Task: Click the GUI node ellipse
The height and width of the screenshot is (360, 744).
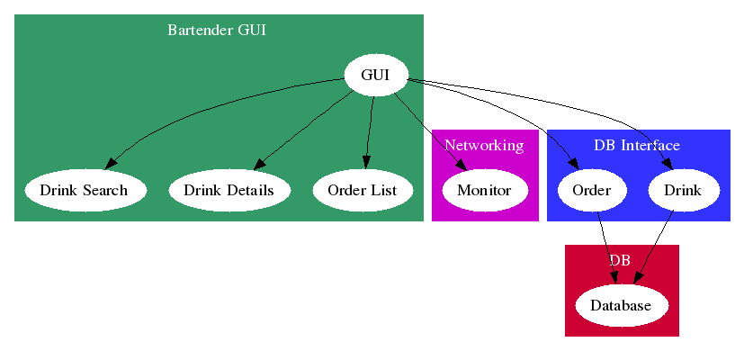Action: pos(375,75)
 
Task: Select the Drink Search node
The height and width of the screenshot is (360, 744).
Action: pos(85,190)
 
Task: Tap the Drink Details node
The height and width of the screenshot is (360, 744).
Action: pos(229,190)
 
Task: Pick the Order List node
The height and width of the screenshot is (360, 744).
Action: pos(362,190)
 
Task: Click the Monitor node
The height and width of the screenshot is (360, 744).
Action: pos(484,190)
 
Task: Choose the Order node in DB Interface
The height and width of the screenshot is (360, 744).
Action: pos(591,190)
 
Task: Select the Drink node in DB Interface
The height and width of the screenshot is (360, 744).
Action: pos(683,190)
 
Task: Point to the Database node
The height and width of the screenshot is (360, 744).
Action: pos(621,305)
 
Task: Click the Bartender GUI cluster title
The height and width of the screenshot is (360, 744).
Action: pos(217,30)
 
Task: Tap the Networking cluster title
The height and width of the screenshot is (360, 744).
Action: pos(484,145)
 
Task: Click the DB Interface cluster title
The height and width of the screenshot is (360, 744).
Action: pos(637,145)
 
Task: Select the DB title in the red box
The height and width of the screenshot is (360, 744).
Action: pos(620,260)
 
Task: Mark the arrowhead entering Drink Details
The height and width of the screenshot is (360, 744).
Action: pos(258,165)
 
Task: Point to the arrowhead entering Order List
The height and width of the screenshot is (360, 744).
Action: pos(366,162)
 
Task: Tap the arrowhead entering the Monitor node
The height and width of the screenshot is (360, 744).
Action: pos(462,165)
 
